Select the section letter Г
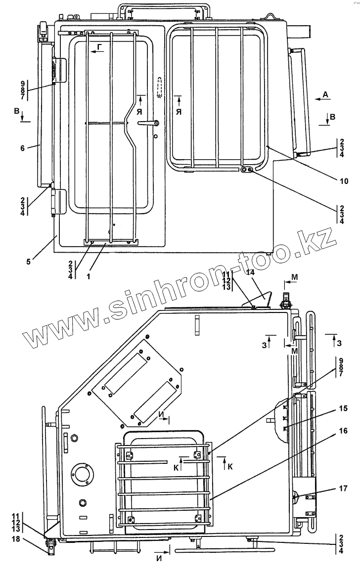tap(100, 47)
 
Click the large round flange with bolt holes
tap(82, 475)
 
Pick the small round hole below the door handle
tap(156, 136)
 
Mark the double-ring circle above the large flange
tap(75, 438)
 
